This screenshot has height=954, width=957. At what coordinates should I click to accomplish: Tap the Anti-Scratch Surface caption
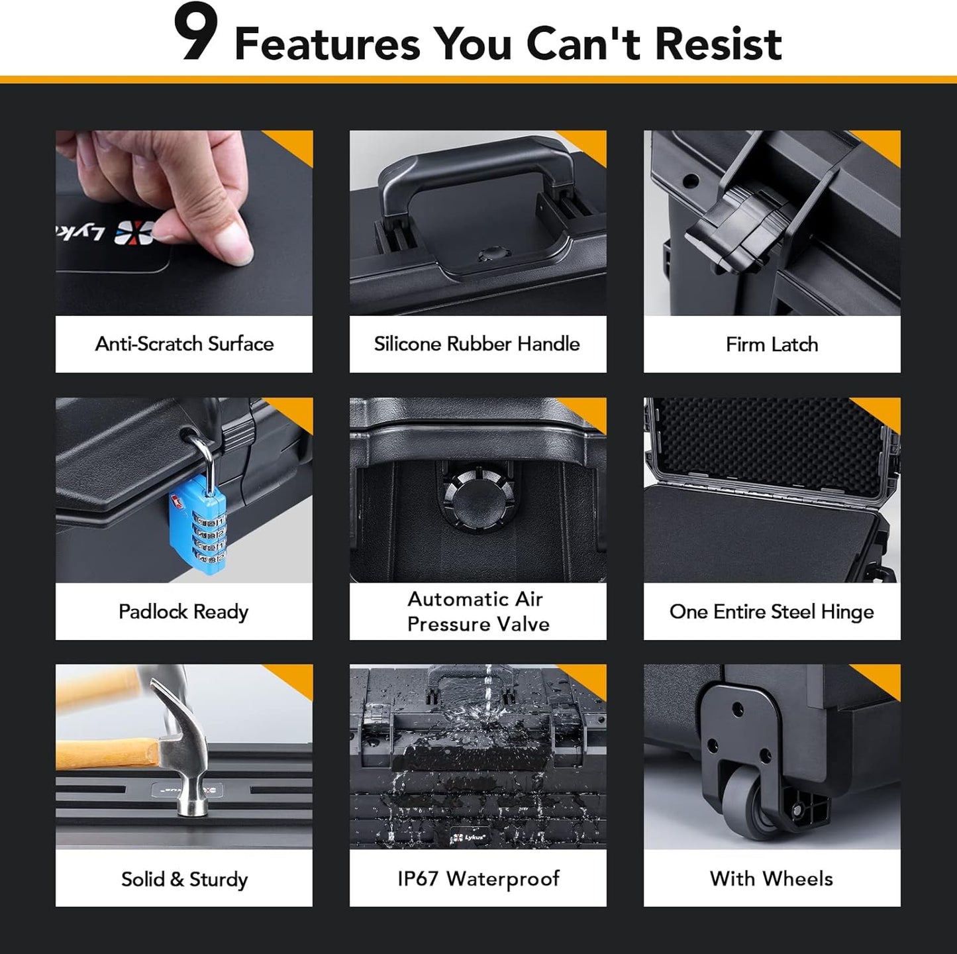click(184, 344)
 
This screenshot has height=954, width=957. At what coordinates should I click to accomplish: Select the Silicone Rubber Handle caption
click(477, 344)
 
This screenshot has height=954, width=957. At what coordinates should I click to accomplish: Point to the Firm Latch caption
click(772, 344)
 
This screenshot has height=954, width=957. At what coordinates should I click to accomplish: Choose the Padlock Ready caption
click(183, 611)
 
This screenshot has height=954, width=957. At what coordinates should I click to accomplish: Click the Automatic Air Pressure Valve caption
click(478, 611)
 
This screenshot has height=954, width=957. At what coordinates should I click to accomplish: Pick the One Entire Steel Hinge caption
click(772, 611)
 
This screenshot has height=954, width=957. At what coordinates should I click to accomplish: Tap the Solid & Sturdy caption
click(184, 879)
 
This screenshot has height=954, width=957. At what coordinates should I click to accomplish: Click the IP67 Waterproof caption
click(478, 878)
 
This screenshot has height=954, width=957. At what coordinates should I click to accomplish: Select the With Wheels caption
click(772, 878)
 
